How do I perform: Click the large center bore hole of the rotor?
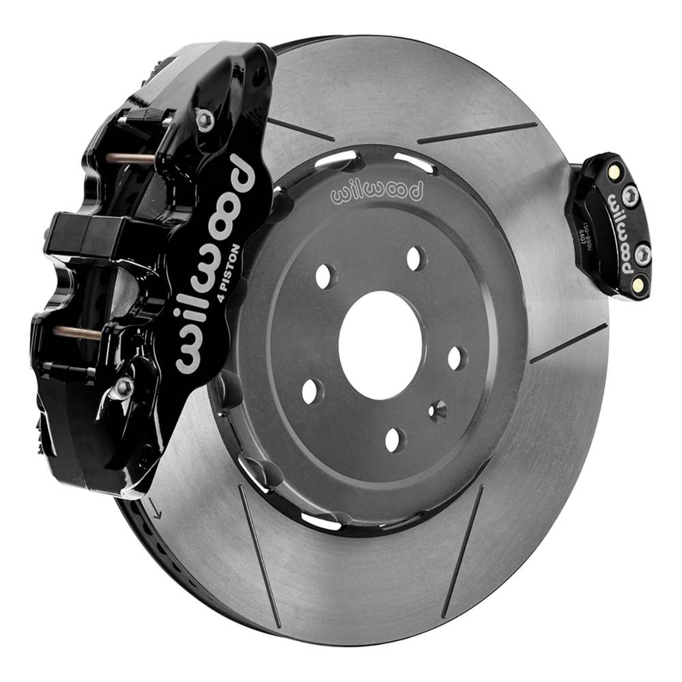[x=381, y=344]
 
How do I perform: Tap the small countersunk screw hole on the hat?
[x=437, y=410]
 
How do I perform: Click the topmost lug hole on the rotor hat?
[x=414, y=258]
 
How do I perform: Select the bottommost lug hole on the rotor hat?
[x=395, y=439]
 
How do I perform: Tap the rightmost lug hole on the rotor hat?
[x=457, y=357]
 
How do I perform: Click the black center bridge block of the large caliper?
[x=75, y=232]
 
